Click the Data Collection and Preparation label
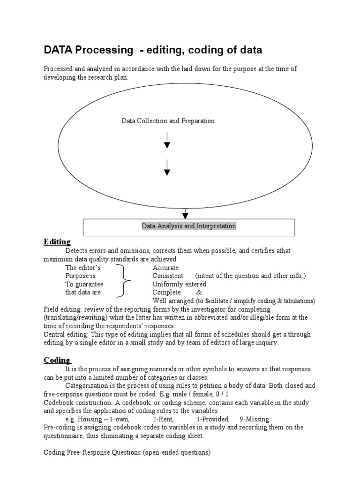click(168, 121)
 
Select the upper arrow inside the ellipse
click(167, 140)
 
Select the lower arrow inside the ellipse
click(167, 167)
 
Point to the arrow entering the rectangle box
click(186, 213)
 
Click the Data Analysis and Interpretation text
click(189, 226)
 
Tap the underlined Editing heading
click(57, 242)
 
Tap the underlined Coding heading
click(57, 360)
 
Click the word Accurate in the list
click(165, 268)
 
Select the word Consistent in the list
click(168, 276)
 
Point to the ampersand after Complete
click(199, 292)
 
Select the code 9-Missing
click(254, 419)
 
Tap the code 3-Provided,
click(213, 419)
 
